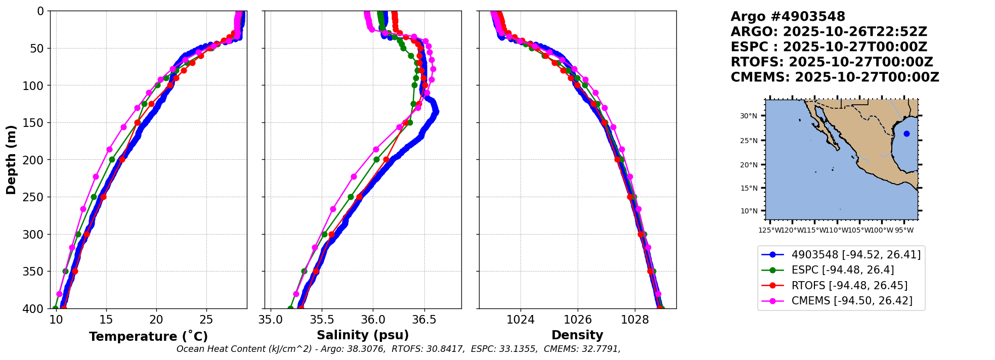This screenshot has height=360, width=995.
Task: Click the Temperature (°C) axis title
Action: tap(148, 337)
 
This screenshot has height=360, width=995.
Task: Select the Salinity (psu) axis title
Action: tap(363, 335)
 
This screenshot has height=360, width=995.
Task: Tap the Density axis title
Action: tap(577, 335)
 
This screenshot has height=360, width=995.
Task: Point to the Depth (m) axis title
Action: tap(11, 160)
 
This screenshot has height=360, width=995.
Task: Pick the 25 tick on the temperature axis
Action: tap(206, 320)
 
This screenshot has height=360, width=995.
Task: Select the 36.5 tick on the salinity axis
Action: tap(424, 320)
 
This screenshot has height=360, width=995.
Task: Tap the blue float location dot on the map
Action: tap(906, 134)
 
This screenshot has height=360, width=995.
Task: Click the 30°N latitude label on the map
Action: tap(749, 116)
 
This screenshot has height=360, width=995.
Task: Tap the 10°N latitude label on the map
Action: tap(749, 211)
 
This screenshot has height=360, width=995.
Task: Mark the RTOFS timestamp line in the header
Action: tap(832, 62)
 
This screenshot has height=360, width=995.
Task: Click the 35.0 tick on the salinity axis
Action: tap(271, 320)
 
